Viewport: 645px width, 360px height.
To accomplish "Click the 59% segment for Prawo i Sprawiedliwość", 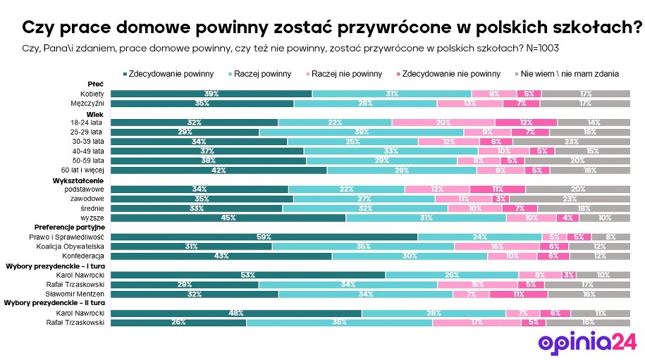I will pyautogui.click(x=264, y=237).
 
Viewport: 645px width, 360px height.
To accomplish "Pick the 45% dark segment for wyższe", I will pyautogui.click(x=228, y=218).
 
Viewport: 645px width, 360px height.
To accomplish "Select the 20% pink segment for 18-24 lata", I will pyautogui.click(x=443, y=123).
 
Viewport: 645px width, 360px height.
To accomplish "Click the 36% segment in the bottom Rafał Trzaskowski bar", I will pyautogui.click(x=339, y=323).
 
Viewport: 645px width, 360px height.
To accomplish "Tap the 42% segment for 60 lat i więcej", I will pyautogui.click(x=219, y=170).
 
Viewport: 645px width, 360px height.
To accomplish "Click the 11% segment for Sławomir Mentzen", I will pyautogui.click(x=517, y=294).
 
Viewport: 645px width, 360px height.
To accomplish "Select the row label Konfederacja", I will pyautogui.click(x=86, y=256).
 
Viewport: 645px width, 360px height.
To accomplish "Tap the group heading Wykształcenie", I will pyautogui.click(x=78, y=180).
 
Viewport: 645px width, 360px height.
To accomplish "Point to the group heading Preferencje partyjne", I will pyautogui.click(x=69, y=228).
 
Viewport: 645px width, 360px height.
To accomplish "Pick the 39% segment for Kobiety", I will pyautogui.click(x=211, y=94).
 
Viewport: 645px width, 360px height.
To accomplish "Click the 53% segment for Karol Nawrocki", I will pyautogui.click(x=248, y=275).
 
